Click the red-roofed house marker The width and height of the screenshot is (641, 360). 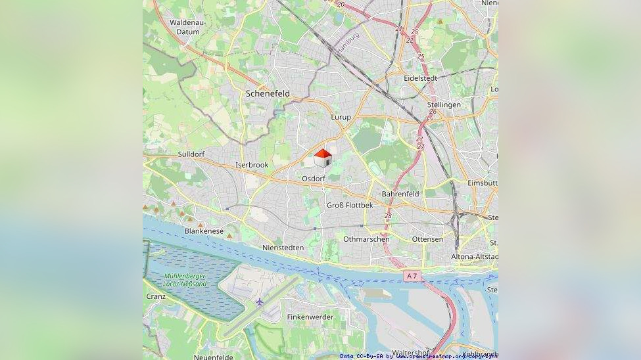point(322,158)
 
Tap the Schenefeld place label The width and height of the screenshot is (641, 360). point(268,94)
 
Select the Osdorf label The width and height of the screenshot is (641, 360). point(314,179)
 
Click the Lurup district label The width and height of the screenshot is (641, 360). point(341,117)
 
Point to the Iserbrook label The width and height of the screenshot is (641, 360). point(252,165)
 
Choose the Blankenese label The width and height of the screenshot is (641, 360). point(204,231)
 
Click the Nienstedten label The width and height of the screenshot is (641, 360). point(283,248)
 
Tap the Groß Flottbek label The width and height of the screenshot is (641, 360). point(350,206)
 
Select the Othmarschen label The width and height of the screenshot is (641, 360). point(366,239)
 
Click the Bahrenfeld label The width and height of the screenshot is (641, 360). point(400,194)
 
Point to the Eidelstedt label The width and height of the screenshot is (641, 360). point(421,78)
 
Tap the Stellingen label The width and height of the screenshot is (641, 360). point(444,104)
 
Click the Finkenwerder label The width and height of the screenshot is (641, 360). point(310,317)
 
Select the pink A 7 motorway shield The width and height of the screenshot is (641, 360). point(412,276)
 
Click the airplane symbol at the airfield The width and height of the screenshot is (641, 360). point(260,302)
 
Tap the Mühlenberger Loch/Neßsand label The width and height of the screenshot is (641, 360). point(185,280)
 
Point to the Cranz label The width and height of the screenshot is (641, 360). point(156,296)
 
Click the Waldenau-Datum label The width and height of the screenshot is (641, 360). point(188,27)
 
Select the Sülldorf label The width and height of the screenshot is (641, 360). point(191,154)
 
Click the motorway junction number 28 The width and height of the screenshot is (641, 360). point(388,215)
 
